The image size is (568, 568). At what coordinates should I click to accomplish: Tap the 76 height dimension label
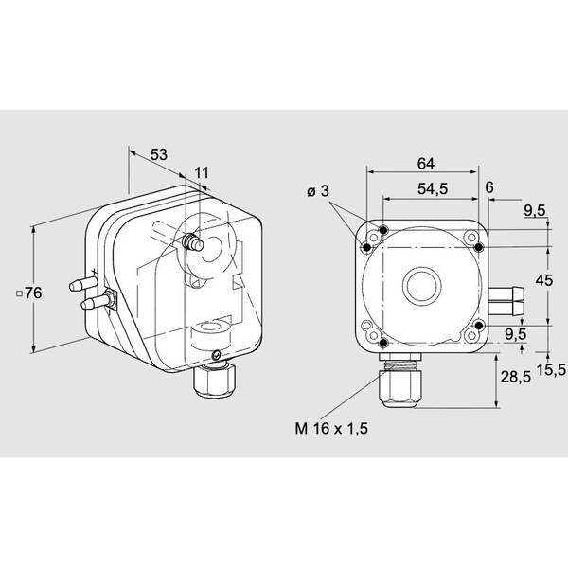coord(33,293)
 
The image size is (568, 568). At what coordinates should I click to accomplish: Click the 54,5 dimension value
coord(431,188)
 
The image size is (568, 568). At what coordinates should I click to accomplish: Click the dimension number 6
coord(489,188)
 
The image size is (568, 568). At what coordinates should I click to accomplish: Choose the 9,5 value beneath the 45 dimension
coord(515,333)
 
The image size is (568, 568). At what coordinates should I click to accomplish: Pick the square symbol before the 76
coord(19,294)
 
